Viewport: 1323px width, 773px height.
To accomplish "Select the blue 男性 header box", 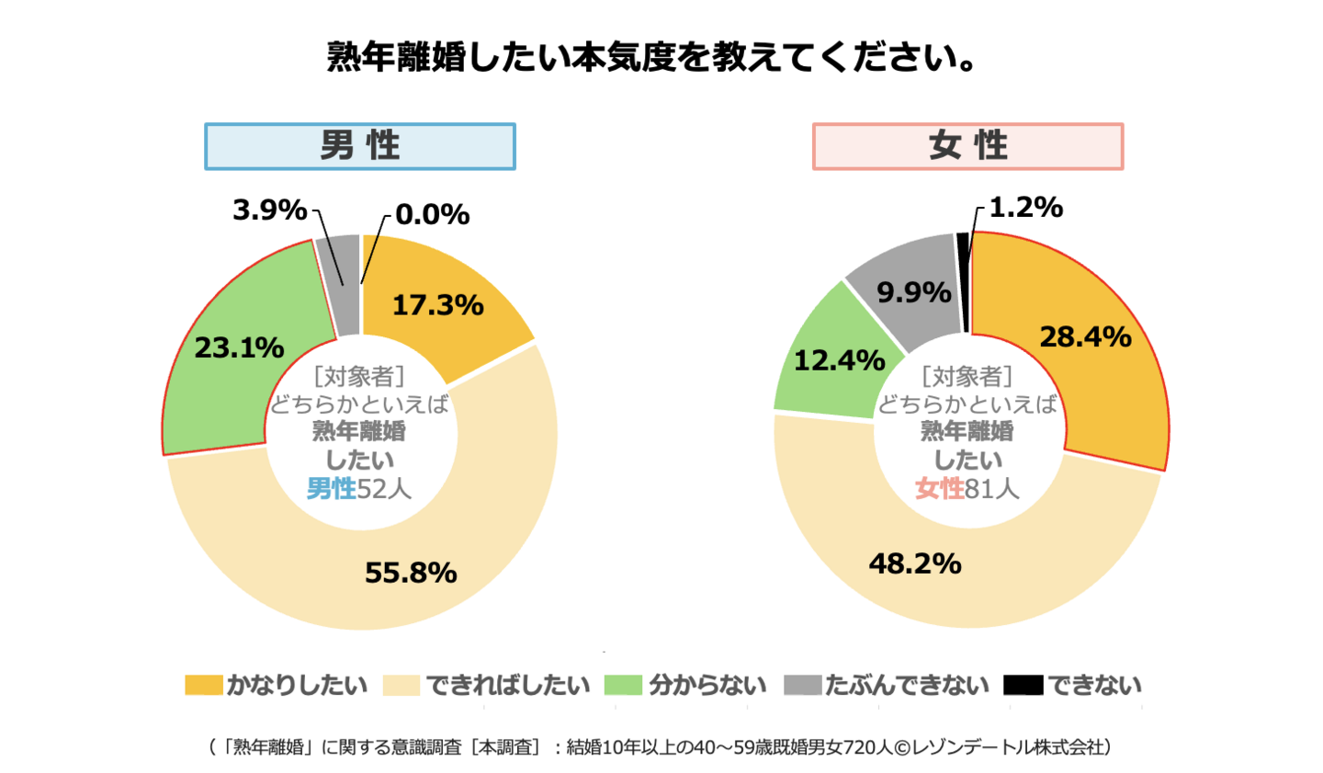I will [x=359, y=146].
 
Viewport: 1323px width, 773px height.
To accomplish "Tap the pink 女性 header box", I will [x=967, y=146].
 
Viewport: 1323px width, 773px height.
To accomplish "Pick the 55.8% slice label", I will [x=411, y=573].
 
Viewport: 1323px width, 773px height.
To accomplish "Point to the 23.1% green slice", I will [x=239, y=347].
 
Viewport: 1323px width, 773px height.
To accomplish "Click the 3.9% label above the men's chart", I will [x=269, y=210].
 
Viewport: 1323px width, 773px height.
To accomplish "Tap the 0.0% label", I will [x=432, y=214].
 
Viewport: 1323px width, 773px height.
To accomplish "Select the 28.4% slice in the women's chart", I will [x=1085, y=336].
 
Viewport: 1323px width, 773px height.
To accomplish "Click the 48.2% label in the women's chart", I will [x=915, y=563].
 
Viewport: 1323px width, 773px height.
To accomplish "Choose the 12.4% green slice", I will [x=839, y=360].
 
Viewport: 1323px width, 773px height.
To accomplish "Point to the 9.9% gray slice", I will [x=913, y=292].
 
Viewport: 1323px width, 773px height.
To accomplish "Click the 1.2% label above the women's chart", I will [x=1025, y=207].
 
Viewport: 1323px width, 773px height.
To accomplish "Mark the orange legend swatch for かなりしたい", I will [x=203, y=686].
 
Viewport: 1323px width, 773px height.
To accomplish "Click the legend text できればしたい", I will [x=507, y=686].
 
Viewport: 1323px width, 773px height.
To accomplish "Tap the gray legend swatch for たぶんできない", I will [x=801, y=686].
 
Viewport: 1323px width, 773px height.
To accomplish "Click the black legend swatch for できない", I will [x=1023, y=686].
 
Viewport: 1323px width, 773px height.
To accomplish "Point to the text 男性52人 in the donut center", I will [x=359, y=488].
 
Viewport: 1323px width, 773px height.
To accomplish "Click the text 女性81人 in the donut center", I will [x=967, y=488].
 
